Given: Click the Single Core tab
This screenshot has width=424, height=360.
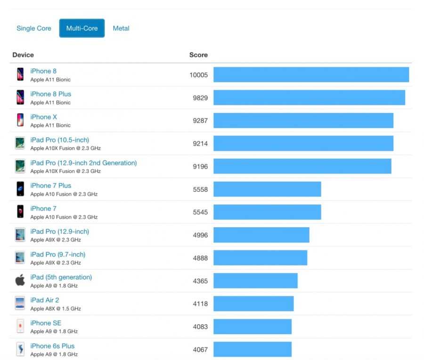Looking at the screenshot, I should coord(34,28).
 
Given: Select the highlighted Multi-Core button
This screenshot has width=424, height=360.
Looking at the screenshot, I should coord(82,28).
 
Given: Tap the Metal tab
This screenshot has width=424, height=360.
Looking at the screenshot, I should coord(121,28).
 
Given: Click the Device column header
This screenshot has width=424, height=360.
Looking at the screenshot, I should coord(23,55).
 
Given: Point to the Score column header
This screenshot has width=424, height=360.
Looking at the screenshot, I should coord(198,55).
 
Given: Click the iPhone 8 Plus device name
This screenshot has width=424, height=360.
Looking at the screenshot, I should coord(51,94).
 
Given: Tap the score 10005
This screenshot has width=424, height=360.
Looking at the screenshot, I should coord(198,75).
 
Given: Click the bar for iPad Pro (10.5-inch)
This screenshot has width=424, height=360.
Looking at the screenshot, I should coord(303,144).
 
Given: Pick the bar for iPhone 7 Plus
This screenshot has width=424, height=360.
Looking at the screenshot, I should coord(267,189).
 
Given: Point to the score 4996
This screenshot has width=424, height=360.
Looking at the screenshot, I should coord(200,235).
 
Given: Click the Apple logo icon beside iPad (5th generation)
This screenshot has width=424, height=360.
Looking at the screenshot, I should coord(20,280).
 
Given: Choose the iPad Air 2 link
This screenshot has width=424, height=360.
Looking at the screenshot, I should coord(45,300).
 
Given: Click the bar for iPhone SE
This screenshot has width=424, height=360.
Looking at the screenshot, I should coord(253,327).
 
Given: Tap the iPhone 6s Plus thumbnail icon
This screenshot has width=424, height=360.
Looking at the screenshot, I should coord(20,349).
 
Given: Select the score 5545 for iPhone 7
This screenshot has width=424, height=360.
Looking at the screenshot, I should coord(200,213).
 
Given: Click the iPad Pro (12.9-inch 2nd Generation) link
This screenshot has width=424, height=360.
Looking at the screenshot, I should coord(83,163).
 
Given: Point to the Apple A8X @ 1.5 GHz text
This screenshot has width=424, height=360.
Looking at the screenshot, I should coord(56,309).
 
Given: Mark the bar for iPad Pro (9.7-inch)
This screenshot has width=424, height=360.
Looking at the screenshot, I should coord(260,258).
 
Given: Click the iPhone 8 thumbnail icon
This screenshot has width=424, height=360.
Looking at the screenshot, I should coord(20,74).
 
